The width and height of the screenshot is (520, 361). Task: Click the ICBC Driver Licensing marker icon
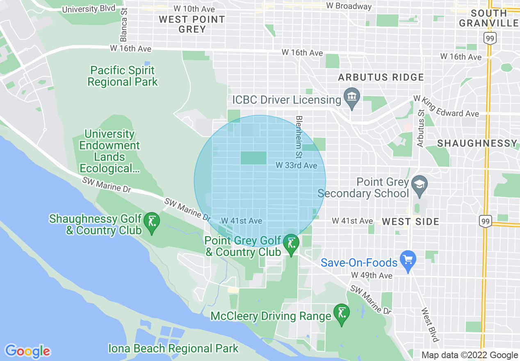tap(352, 97)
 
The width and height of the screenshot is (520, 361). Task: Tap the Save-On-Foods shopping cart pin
tap(408, 259)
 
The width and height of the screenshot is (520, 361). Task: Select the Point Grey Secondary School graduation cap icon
tap(419, 183)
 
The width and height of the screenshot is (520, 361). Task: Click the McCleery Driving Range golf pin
tap(342, 313)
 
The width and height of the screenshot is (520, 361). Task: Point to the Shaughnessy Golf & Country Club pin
tap(152, 222)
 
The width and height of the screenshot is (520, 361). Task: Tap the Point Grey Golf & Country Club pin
tap(292, 243)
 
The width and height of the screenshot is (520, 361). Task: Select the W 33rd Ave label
tap(296, 165)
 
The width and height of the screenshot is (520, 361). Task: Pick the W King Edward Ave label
tap(446, 107)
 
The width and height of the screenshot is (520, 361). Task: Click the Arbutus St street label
tap(420, 128)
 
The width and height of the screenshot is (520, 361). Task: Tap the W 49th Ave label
tap(372, 275)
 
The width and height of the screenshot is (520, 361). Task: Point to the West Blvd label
tap(430, 325)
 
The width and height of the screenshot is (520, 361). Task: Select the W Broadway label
tap(349, 6)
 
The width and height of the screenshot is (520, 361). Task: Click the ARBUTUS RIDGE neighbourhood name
tap(381, 77)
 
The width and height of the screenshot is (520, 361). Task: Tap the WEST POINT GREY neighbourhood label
tap(192, 24)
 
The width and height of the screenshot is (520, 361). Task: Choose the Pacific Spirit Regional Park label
tap(123, 76)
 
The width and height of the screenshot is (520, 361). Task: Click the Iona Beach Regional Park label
tap(173, 349)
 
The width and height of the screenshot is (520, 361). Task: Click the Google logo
tap(27, 351)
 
